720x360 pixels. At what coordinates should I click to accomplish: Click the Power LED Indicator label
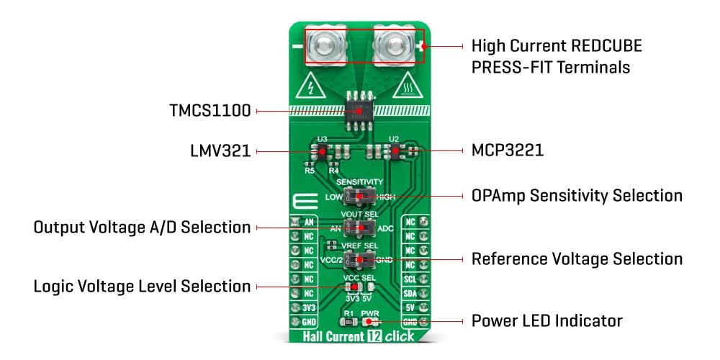point(546,320)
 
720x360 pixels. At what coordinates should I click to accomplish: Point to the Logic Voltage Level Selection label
point(142,287)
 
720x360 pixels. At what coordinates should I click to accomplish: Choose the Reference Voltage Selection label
point(577,258)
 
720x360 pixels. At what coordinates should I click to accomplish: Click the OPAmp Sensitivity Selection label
point(576,195)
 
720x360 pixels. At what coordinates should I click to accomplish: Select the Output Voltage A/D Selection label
point(142,228)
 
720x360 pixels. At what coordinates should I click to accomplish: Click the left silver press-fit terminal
point(324,46)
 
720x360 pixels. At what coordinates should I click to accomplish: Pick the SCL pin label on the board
point(410,279)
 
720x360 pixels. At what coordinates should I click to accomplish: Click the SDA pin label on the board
point(410,293)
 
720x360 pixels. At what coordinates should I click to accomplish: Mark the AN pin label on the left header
point(308,222)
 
